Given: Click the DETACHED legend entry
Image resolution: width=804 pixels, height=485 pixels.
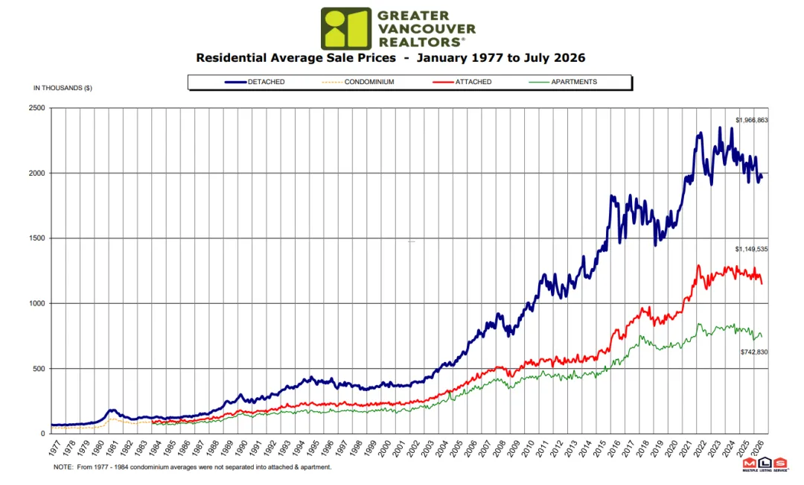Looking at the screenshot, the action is coord(255,82).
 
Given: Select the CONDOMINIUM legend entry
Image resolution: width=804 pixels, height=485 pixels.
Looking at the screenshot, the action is coord(358,82).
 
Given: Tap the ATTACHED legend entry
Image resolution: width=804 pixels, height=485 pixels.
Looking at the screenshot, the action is coord(462,82).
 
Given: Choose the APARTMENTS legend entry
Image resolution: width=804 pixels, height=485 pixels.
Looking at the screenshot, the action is coord(563,82).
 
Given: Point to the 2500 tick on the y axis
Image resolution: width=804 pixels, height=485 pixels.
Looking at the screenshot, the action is coord(37,108).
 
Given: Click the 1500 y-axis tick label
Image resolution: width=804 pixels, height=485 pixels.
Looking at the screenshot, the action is coord(37,238).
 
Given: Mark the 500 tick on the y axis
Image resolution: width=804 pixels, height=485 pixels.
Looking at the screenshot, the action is coord(39,369).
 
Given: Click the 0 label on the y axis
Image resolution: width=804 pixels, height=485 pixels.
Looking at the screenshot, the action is coord(43,434).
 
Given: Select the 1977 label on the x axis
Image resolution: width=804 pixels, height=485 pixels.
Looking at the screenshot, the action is coord(55,447).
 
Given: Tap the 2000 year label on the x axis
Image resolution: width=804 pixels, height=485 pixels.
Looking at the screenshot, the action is coord(385,447).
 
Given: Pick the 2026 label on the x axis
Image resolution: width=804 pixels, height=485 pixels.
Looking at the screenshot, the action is coord(759,447).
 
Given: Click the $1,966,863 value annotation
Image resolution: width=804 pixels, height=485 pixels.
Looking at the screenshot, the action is coord(752,120).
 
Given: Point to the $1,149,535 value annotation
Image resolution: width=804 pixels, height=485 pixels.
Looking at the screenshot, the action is coord(752,250).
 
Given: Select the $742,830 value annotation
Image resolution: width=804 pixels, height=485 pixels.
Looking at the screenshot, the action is coord(754,352).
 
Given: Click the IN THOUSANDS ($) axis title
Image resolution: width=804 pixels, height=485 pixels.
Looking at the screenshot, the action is coord(63,88).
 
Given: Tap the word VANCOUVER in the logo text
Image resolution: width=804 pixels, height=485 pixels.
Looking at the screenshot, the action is coord(427,29).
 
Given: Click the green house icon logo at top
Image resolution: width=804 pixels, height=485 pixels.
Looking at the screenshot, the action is coord(346,29).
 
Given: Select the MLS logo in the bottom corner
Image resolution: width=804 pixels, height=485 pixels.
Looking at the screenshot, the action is coord(765,464).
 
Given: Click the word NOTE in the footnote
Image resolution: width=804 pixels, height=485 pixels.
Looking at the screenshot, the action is coord(63,468).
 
